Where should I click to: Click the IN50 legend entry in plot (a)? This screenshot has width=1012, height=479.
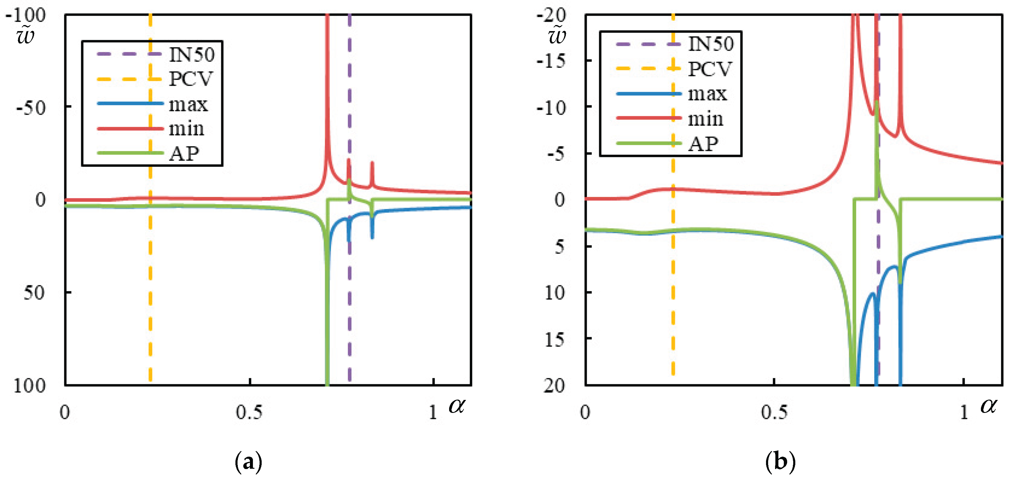pyautogui.click(x=192, y=54)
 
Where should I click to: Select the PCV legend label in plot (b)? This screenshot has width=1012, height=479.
pyautogui.click(x=710, y=69)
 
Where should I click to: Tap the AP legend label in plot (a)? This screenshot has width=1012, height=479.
pyautogui.click(x=184, y=154)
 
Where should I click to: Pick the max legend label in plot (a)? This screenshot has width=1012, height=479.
pyautogui.click(x=188, y=104)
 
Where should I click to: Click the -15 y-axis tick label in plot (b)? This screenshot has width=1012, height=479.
pyautogui.click(x=551, y=61)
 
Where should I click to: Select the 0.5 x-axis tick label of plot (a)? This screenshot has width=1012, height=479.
pyautogui.click(x=250, y=413)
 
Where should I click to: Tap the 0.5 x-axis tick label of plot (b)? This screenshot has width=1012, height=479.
pyautogui.click(x=774, y=413)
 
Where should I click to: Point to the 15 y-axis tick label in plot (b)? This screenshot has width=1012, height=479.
pyautogui.click(x=555, y=339)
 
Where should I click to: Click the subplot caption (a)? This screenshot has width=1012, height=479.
pyautogui.click(x=248, y=462)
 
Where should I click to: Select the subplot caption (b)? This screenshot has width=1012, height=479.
pyautogui.click(x=780, y=462)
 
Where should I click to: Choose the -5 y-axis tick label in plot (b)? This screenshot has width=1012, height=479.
pyautogui.click(x=556, y=154)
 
